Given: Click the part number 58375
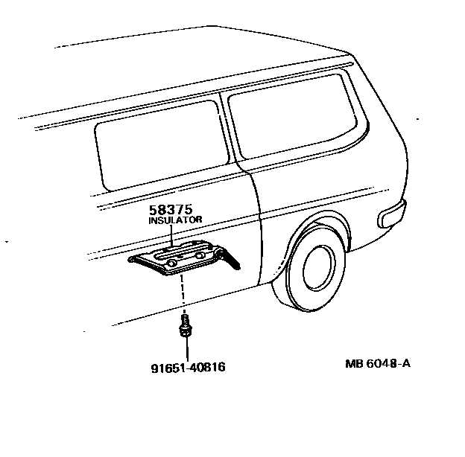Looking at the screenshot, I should [174, 211].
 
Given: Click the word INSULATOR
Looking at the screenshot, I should [174, 220].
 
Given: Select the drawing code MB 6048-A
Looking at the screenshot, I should [377, 364].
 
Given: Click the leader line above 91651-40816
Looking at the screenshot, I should [185, 351].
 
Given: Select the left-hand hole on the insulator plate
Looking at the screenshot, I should [172, 263].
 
